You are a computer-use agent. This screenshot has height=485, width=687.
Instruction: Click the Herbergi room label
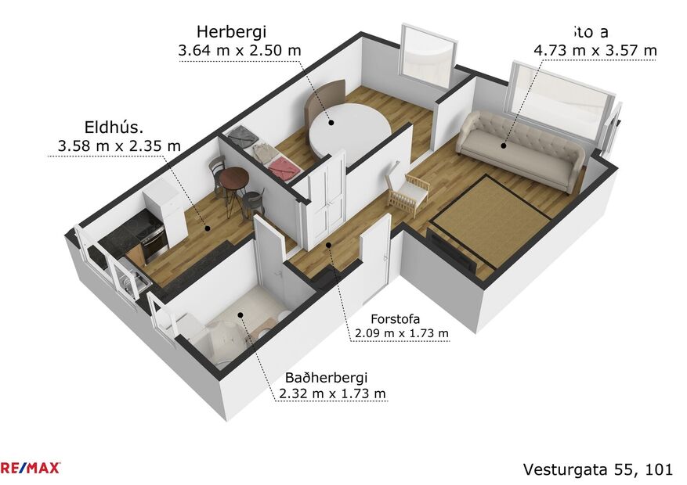click(231, 32)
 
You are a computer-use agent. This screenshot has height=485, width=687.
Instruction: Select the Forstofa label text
click(396, 319)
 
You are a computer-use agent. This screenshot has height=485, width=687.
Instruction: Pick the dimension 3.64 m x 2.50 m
click(240, 51)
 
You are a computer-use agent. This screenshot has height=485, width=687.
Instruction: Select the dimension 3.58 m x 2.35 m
click(119, 145)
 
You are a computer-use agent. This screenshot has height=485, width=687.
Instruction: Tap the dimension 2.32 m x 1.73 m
click(332, 393)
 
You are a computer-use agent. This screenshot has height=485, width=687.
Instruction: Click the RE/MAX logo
click(30, 468)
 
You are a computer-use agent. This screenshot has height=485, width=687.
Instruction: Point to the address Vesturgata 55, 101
click(598, 469)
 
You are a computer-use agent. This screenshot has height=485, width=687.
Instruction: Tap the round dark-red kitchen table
click(234, 179)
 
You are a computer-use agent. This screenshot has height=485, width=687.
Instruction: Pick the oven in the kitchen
click(154, 242)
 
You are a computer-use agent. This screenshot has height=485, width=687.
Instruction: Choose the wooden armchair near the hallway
click(408, 191)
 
